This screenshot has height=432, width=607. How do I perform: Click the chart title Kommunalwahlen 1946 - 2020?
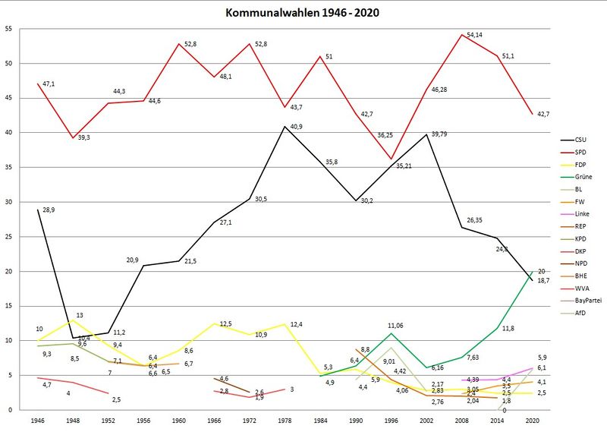coord(303,13)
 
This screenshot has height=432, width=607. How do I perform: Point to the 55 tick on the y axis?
coord(8,29)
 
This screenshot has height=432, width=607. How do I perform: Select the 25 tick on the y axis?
coord(8,237)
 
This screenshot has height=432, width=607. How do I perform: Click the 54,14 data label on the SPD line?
coord(475,35)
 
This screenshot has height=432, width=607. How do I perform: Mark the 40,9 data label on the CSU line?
coord(277,127)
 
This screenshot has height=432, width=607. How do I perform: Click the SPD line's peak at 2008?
coord(460,34)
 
